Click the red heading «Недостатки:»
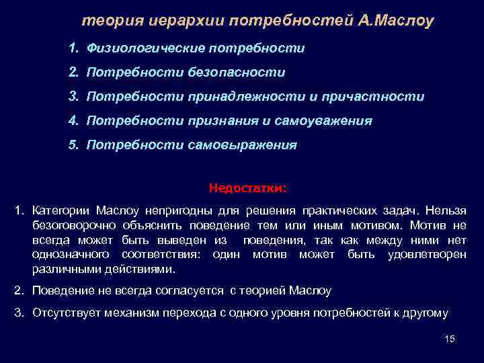coord(247,188)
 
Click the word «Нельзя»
coord(446,211)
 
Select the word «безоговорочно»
coord(74,226)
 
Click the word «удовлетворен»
coord(427,255)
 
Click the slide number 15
coord(450,339)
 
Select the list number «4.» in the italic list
coord(74,121)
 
